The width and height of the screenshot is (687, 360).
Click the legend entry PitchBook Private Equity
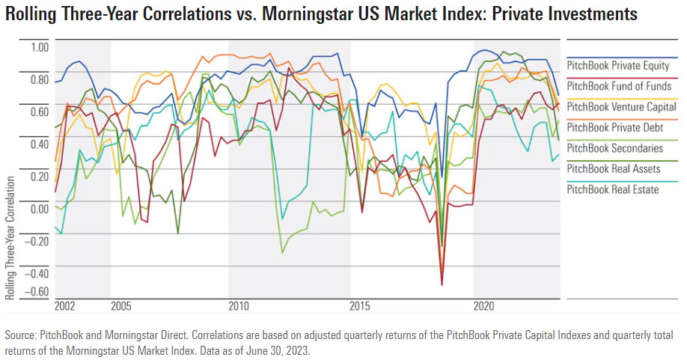click(x=618, y=66)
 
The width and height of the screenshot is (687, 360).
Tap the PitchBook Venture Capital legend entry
click(x=621, y=107)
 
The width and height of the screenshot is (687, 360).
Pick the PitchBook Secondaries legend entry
click(x=614, y=148)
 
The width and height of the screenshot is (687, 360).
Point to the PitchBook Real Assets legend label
click(x=614, y=168)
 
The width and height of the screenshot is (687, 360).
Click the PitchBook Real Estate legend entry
click(x=613, y=189)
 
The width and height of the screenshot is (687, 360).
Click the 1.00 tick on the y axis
click(x=38, y=46)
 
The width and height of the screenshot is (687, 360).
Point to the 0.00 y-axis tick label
click(x=38, y=207)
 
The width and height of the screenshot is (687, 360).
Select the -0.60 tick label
click(x=37, y=292)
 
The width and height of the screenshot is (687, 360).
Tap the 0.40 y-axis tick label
click(x=38, y=143)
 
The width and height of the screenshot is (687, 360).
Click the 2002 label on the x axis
click(x=66, y=306)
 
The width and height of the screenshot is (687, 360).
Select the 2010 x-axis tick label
click(x=239, y=306)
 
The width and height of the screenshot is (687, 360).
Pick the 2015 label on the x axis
click(x=361, y=306)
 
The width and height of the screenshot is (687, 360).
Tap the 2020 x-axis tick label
click(x=484, y=306)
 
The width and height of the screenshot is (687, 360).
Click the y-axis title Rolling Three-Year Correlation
click(x=10, y=238)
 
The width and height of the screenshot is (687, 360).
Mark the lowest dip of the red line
click(x=442, y=285)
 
